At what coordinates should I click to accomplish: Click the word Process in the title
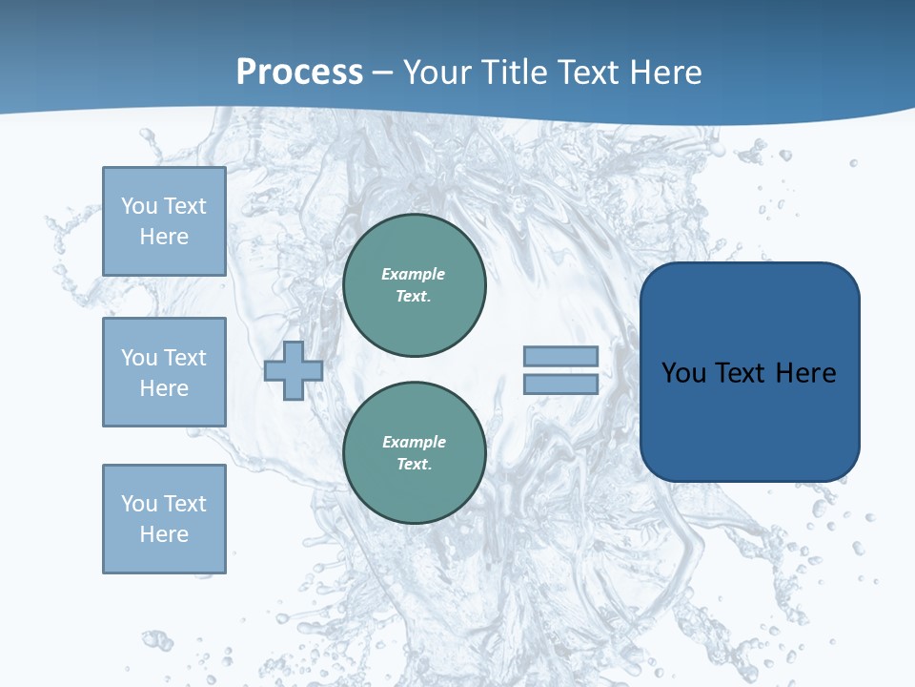(299, 73)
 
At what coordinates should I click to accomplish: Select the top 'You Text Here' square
(164, 221)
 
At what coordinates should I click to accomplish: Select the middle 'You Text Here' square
(164, 372)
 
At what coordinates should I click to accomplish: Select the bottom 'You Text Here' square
(164, 519)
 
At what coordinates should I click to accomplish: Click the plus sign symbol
(294, 371)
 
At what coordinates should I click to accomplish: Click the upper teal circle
(415, 285)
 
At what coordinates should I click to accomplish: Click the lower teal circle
(415, 453)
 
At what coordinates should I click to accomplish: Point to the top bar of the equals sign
(561, 356)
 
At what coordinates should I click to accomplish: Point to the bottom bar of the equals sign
(561, 385)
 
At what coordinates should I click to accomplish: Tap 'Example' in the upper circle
(414, 274)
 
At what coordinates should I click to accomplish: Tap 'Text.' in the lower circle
(414, 465)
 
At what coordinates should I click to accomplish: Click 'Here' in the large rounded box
(805, 373)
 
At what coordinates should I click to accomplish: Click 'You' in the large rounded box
(683, 373)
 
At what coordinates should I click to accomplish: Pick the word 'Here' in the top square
(164, 237)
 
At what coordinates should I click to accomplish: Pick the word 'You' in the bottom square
(139, 504)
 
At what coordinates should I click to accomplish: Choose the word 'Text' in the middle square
(185, 358)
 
